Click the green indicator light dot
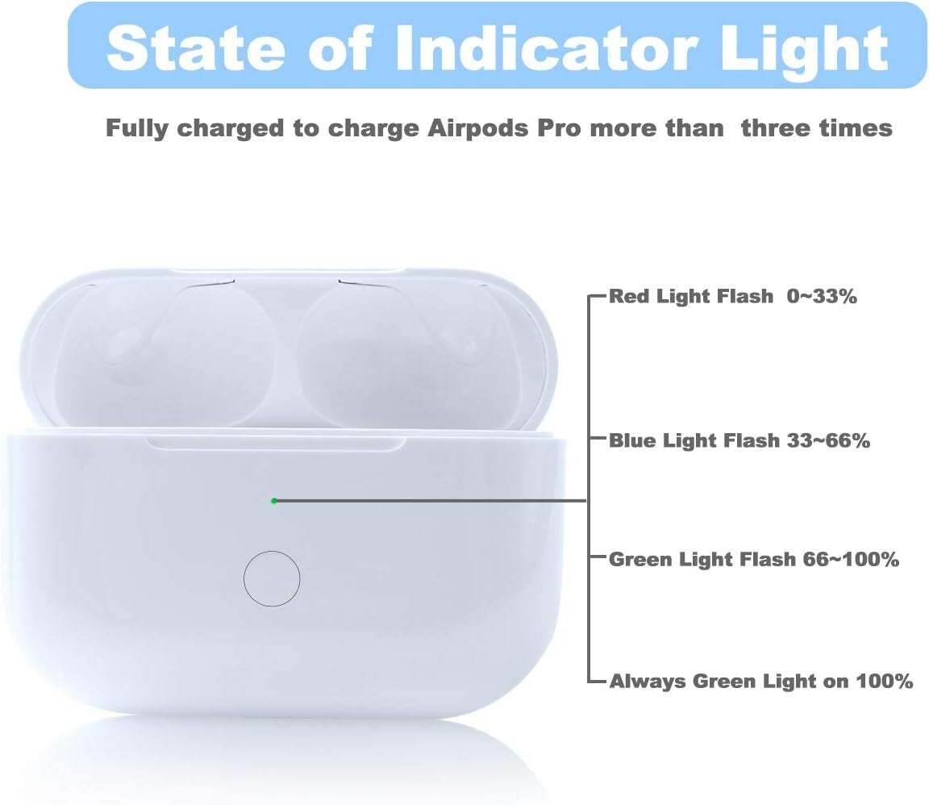coord(274,501)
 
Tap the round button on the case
coord(272,578)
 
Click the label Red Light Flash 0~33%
coord(732,297)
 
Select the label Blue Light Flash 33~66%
coord(739,441)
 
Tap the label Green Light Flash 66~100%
coord(753,560)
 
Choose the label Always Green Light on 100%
coord(760,682)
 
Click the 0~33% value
coord(822,297)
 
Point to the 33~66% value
coord(825,441)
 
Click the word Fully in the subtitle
coord(137,128)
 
